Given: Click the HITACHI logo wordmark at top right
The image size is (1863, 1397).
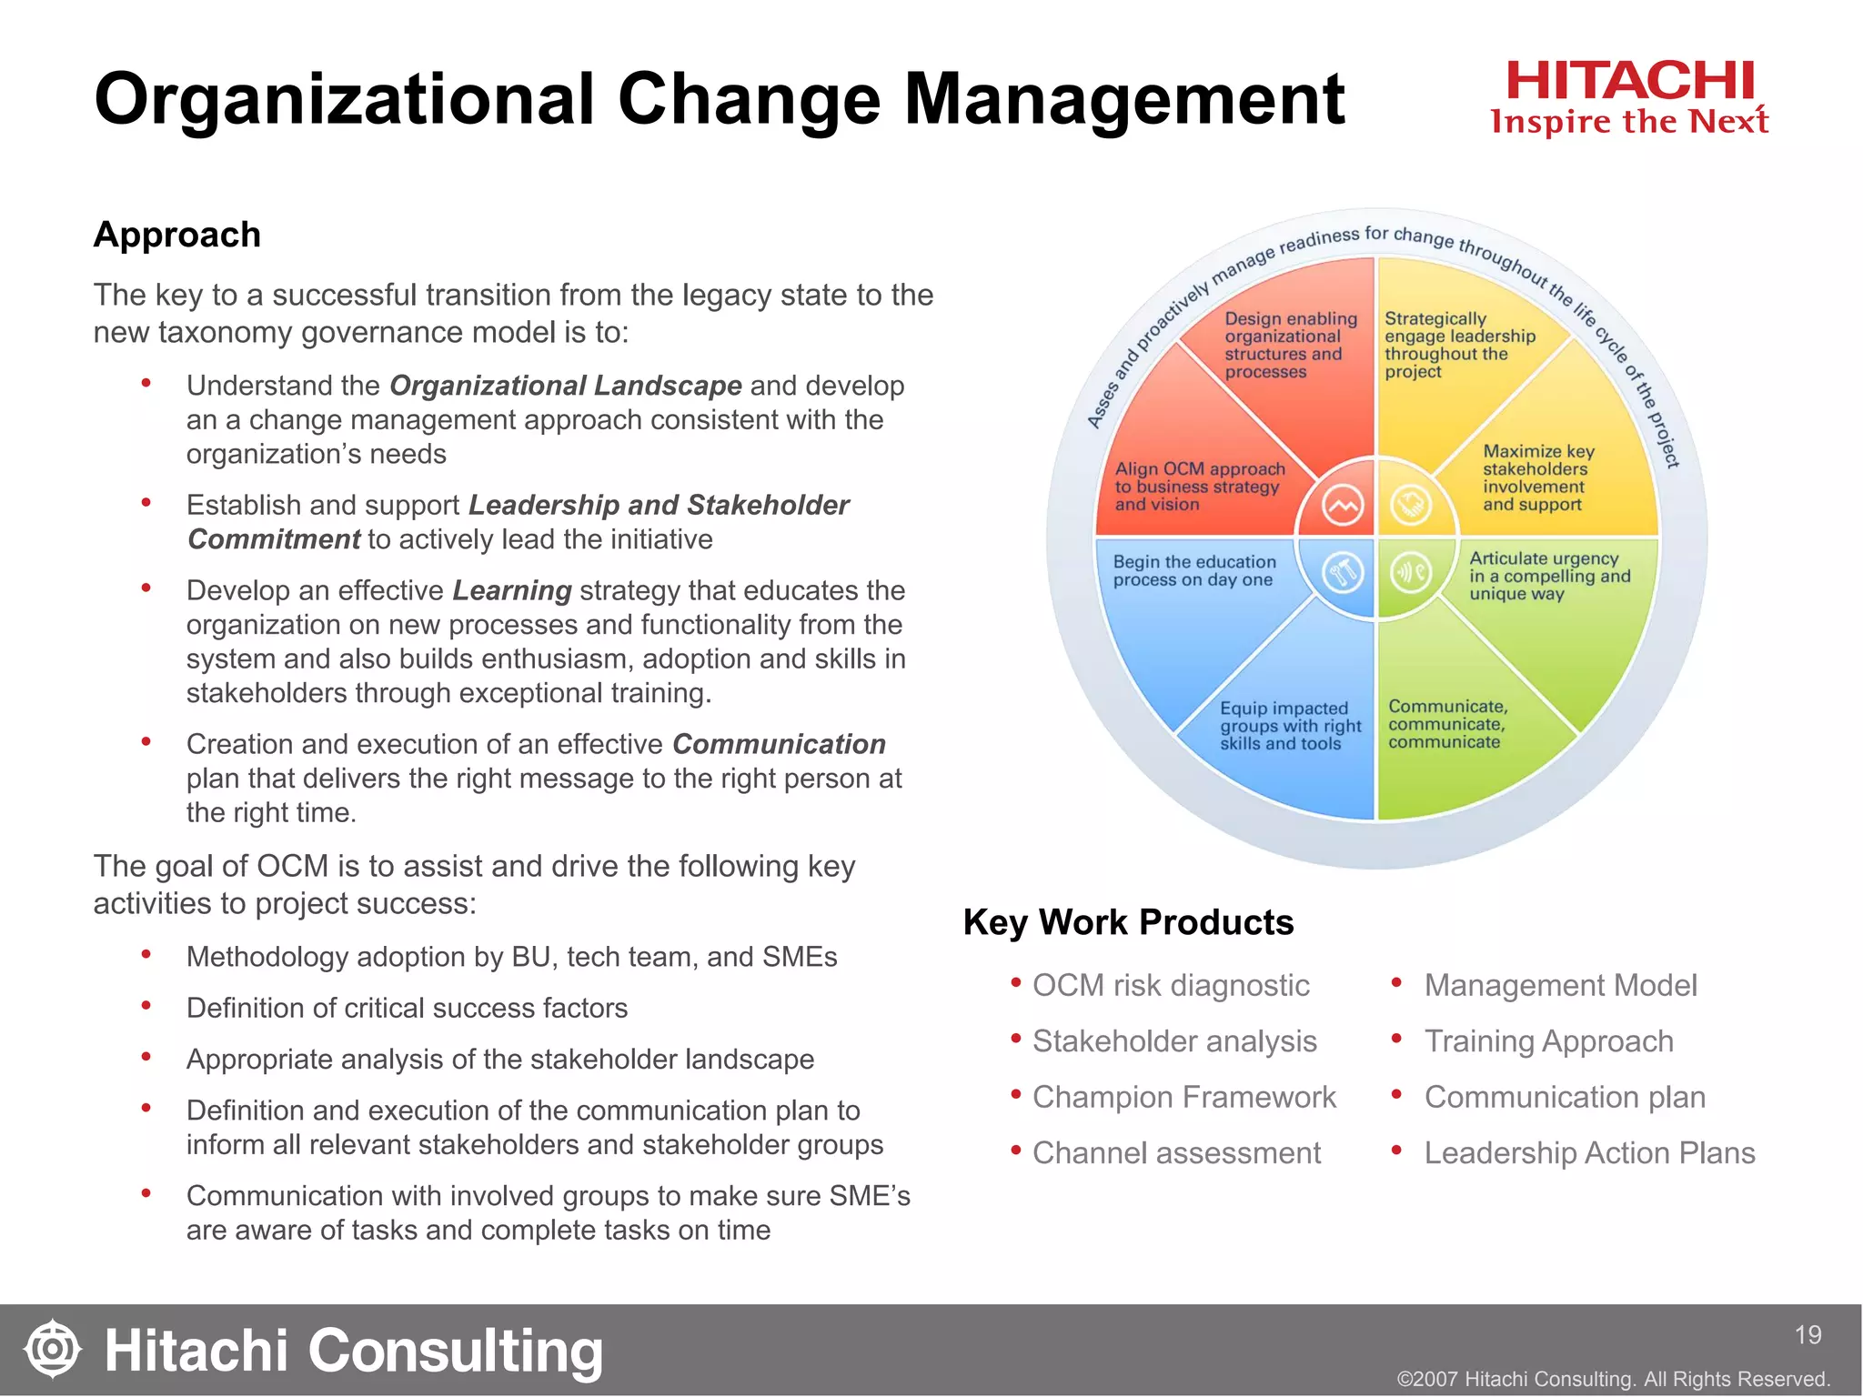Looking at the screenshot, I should point(1629,82).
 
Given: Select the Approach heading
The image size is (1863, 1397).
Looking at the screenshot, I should point(177,235).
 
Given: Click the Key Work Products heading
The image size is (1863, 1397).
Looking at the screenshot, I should point(1128,922).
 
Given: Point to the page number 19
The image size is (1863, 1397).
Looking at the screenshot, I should point(1808,1335).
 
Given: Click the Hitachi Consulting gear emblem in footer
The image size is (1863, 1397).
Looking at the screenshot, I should point(53,1348).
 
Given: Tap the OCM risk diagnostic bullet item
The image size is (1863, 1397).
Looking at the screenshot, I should point(1170,986).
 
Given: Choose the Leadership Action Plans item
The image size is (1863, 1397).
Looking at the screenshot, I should point(1588,1153).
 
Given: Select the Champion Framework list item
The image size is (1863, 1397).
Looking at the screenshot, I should point(1183,1098).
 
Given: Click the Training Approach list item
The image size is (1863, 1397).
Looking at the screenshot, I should point(1548,1041).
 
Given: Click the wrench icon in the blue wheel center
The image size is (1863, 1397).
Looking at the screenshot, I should point(1343,573).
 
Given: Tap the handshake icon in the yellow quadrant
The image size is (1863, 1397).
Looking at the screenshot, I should point(1411,505).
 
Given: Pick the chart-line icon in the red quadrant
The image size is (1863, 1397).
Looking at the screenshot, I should point(1343,505).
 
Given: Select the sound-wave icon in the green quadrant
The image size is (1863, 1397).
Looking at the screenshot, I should point(1411,573).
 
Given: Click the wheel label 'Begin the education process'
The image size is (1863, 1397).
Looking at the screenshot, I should point(1193,571).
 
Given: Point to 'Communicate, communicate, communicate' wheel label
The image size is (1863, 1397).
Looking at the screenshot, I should point(1446,724).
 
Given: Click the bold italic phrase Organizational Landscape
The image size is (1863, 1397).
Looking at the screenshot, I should point(565,386).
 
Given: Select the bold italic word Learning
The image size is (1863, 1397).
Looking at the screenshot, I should point(512,591).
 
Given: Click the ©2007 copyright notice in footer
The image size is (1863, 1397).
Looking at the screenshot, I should point(1613,1379).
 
